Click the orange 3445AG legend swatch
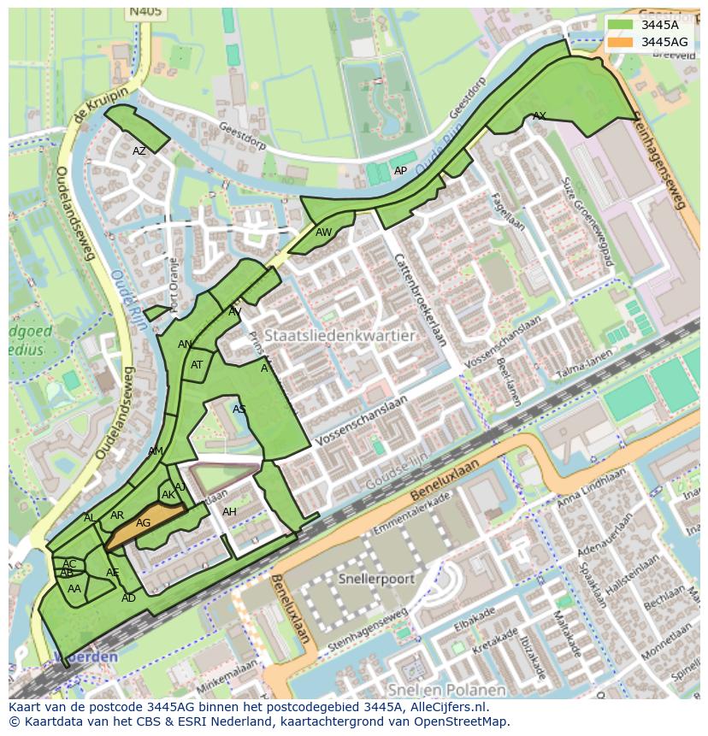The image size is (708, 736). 621,42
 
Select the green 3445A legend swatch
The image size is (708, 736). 621,26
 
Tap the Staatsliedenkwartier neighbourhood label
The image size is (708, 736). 339,336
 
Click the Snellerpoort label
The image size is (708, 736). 375,579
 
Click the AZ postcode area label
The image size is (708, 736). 139,151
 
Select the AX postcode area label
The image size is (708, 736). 539,115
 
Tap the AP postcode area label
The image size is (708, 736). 400,171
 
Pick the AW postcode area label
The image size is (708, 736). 323,233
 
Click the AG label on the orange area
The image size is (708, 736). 143,523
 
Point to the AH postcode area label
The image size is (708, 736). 229,512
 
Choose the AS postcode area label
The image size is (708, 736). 239,409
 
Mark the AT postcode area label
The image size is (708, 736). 197,365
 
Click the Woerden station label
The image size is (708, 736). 86,657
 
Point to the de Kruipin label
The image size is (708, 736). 100,104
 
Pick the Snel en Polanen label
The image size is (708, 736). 445,689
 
